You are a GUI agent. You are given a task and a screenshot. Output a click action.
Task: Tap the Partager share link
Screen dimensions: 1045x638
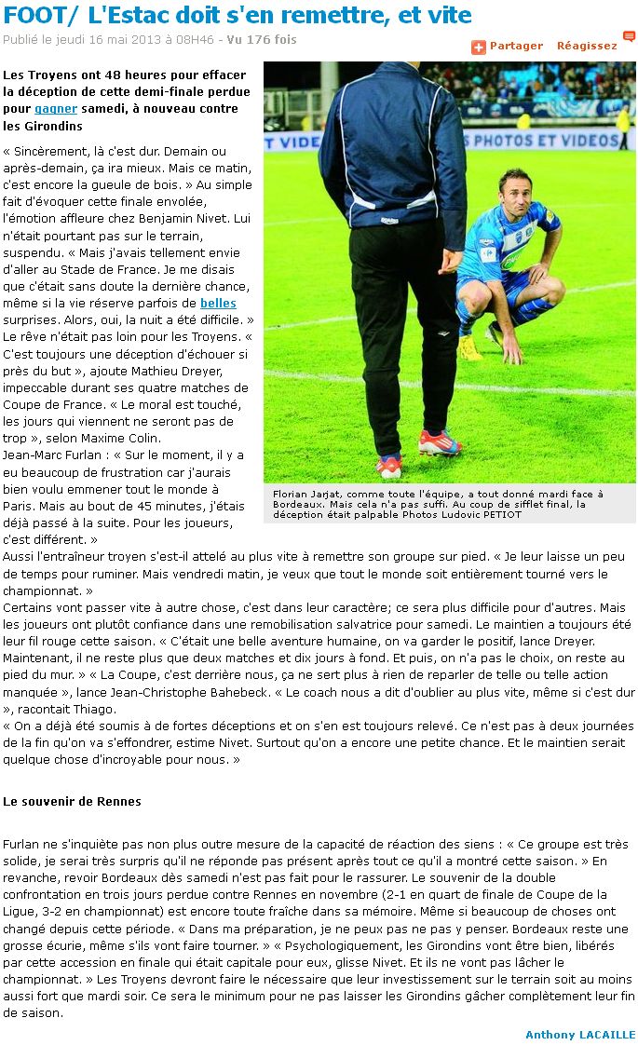point(516,46)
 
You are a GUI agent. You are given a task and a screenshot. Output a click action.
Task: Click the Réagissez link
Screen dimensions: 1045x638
point(587,46)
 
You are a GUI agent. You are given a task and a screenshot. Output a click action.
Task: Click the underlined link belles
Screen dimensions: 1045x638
point(218,303)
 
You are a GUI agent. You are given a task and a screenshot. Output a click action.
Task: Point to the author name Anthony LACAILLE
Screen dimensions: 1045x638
point(580,1035)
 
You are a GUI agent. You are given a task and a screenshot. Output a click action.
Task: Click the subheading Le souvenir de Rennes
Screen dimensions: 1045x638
point(72,801)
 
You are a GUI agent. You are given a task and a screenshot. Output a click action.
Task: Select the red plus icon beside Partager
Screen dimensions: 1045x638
point(479,47)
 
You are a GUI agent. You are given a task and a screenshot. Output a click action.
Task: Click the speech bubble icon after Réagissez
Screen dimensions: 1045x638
point(629,37)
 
